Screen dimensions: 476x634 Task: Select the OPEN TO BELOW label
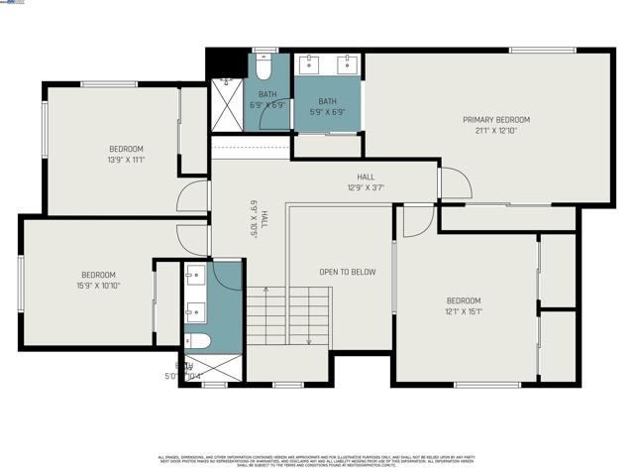[347, 272]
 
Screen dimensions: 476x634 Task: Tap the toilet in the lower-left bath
[198, 341]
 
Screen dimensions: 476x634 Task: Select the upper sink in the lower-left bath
[194, 274]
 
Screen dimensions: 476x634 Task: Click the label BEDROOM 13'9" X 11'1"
[126, 154]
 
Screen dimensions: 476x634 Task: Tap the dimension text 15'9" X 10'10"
[98, 286]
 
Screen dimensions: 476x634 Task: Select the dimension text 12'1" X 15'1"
[463, 311]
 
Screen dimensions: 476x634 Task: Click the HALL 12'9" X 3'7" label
[366, 181]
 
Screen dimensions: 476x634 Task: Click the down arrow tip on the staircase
[309, 342]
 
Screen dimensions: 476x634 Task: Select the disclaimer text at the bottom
[317, 460]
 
